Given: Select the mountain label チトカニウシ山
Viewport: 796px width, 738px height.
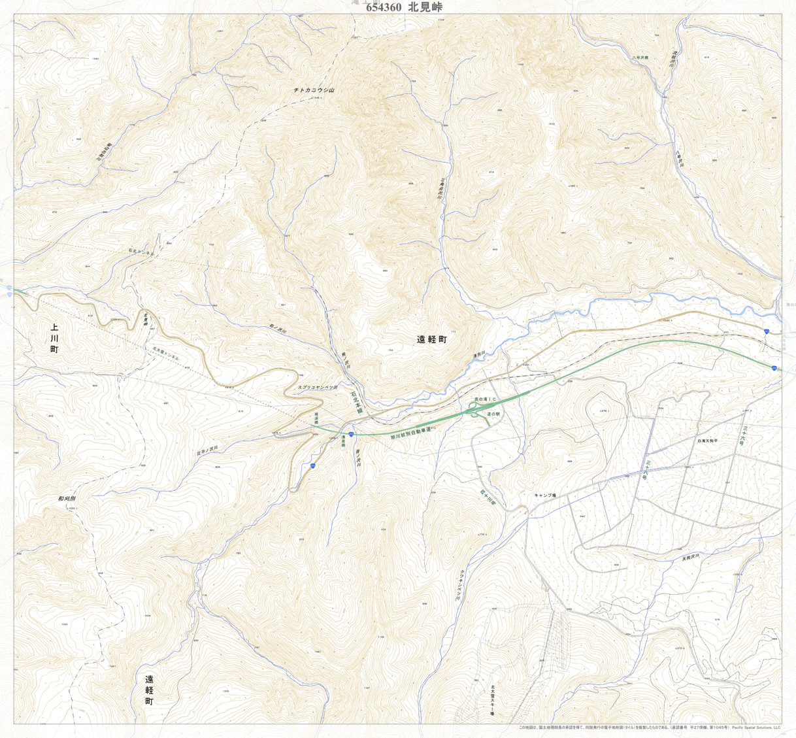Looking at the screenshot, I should [x=314, y=90].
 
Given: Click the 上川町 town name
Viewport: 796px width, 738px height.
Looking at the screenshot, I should [x=54, y=338].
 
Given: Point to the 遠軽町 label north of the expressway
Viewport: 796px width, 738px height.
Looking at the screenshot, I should [x=431, y=340].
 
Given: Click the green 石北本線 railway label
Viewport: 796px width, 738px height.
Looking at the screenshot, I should [x=356, y=403].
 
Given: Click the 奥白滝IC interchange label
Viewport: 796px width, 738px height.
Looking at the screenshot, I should [x=486, y=398].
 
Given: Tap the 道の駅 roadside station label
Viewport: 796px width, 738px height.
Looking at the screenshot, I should [x=493, y=414].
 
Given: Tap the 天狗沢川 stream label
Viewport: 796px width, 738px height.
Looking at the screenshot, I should [x=690, y=557].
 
